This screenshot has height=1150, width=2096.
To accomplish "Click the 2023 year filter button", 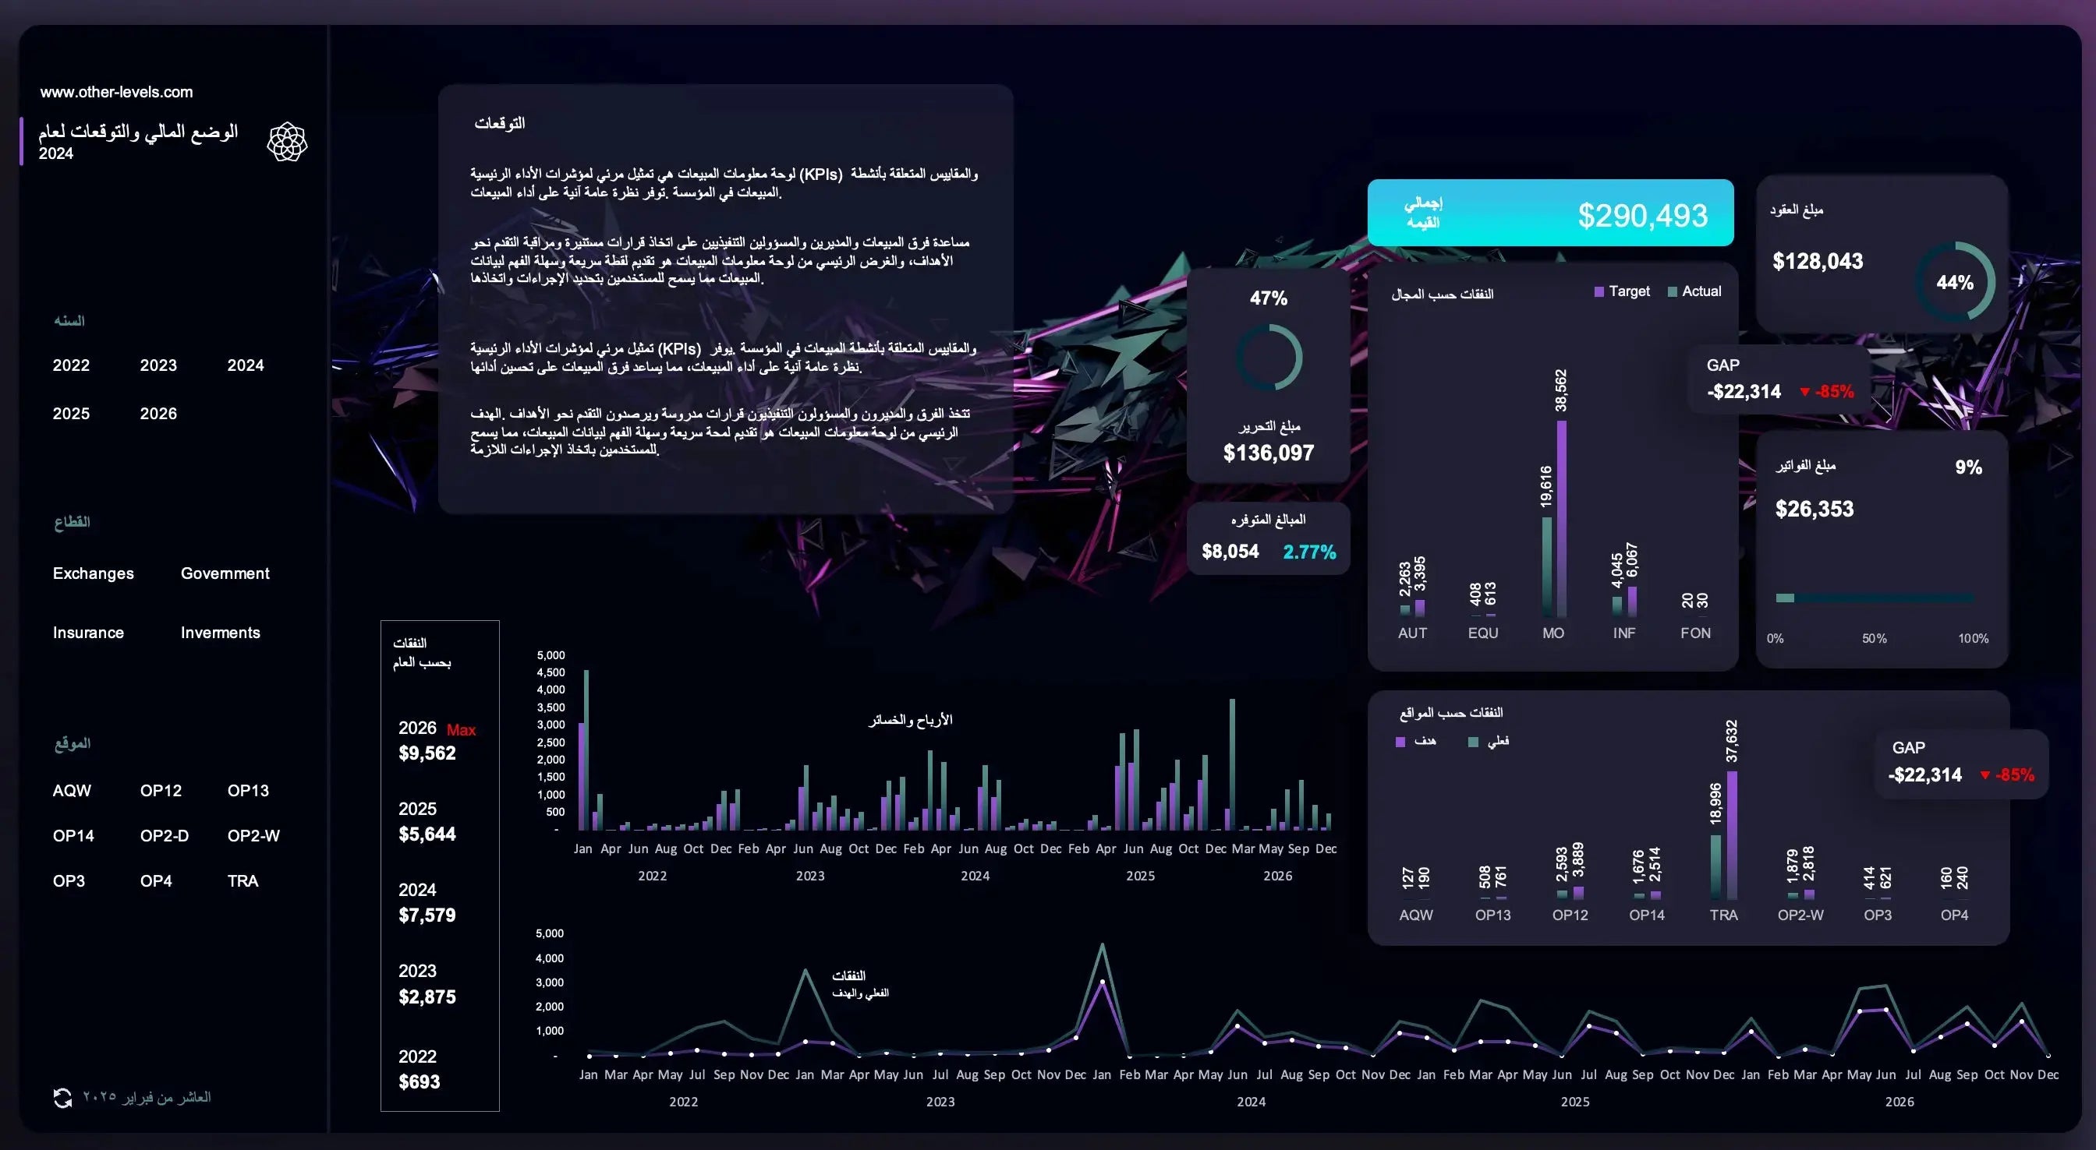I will [x=158, y=365].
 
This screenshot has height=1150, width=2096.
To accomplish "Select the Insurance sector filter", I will [x=88, y=633].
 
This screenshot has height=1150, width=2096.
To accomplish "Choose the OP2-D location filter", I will [x=164, y=836].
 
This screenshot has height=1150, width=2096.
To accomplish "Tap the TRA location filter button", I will [x=243, y=880].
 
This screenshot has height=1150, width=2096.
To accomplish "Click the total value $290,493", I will [x=1642, y=216].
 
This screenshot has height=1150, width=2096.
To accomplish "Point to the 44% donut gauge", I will [x=1954, y=282].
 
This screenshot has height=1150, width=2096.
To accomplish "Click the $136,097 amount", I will [x=1268, y=453].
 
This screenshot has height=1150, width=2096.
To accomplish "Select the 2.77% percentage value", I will [x=1309, y=552].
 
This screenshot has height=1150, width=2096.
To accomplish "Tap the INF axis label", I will [x=1623, y=633].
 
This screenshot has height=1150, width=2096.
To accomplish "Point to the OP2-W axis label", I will [x=1800, y=915].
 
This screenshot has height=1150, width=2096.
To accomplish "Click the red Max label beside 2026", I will [x=462, y=730].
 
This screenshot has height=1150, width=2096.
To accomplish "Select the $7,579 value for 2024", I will [x=427, y=915].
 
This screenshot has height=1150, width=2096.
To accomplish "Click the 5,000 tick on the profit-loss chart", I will [x=550, y=655].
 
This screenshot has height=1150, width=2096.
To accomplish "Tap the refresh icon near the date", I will [x=62, y=1098].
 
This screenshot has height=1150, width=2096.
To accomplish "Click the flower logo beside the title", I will [x=287, y=142].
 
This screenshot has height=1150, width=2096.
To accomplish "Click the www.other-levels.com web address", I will [x=116, y=92].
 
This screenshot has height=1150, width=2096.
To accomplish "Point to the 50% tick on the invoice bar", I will [x=1874, y=638].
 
